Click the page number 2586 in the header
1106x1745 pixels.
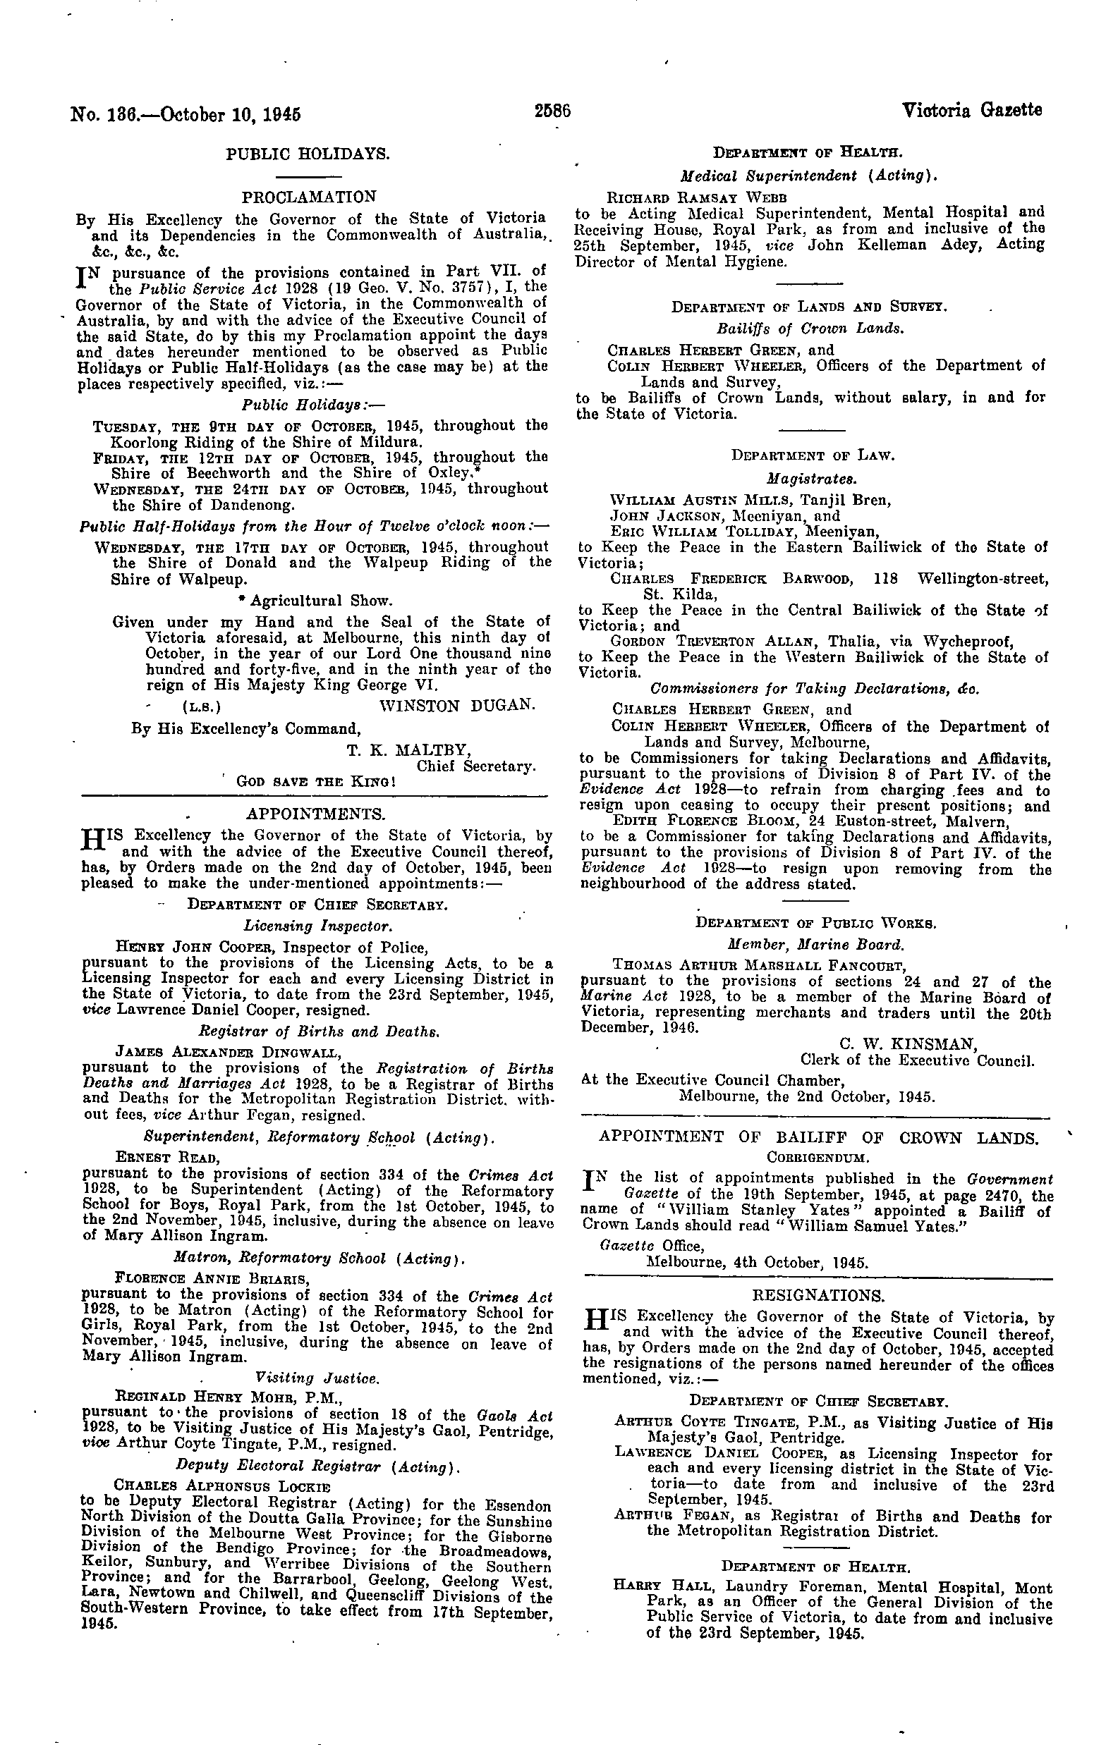point(553,112)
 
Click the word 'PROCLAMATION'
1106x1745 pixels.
point(309,197)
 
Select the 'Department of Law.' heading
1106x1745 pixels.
point(813,456)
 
